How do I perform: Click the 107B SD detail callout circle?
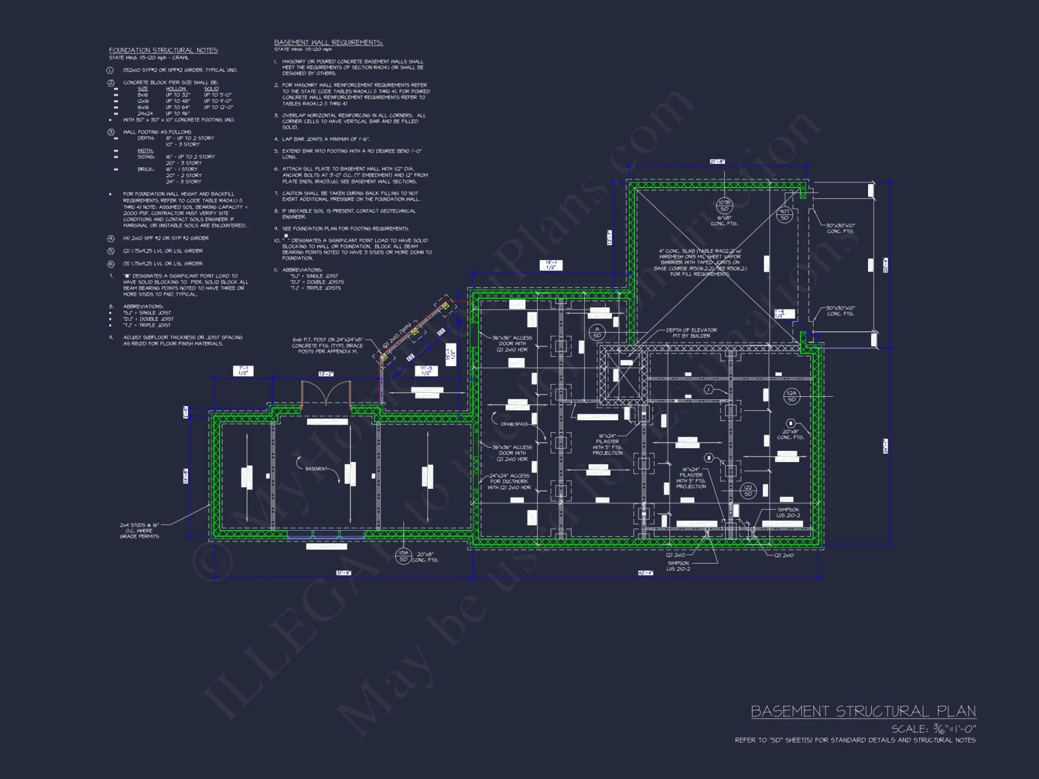(x=724, y=206)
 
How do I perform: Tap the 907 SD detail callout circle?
(x=784, y=214)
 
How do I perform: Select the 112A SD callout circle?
(x=791, y=396)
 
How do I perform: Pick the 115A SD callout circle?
(x=404, y=556)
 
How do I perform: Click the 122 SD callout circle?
(x=748, y=491)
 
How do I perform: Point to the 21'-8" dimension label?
(x=717, y=162)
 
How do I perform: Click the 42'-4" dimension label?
(x=645, y=573)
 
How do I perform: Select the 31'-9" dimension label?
(x=343, y=573)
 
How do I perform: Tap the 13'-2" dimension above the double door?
(x=326, y=374)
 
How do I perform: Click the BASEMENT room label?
(x=316, y=469)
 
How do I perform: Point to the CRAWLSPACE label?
(x=514, y=424)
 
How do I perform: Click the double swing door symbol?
(x=326, y=394)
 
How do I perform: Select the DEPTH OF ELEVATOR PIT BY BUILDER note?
(x=691, y=333)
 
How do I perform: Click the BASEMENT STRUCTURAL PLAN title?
(x=863, y=711)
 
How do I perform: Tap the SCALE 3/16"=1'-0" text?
(x=934, y=729)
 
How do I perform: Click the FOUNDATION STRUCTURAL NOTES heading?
(x=163, y=50)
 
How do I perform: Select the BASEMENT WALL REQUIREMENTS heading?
(x=328, y=43)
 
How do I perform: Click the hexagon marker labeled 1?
(x=709, y=389)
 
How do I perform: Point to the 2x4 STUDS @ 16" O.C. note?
(x=139, y=531)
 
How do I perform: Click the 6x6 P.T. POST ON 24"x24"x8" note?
(x=327, y=345)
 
